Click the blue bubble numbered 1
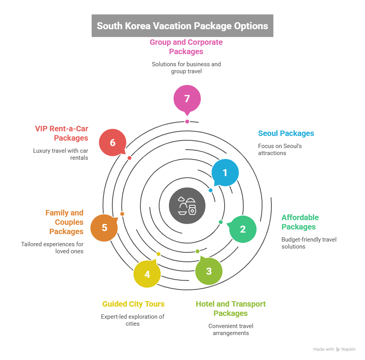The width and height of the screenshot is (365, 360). point(225,173)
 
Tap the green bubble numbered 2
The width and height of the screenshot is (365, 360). point(243,229)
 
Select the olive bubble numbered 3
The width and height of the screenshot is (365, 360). point(209,271)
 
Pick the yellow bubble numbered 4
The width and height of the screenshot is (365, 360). point(147,274)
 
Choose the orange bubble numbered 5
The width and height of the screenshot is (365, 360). point(104,228)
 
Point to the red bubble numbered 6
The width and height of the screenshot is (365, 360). point(112,143)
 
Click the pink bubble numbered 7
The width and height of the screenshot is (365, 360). point(187,98)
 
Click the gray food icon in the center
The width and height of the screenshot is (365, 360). point(187,205)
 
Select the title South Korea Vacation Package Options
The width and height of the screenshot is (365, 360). point(182,26)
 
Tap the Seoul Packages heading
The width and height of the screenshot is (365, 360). point(286,133)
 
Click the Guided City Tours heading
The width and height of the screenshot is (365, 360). point(133,304)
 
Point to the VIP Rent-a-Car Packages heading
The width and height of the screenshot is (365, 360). point(61,133)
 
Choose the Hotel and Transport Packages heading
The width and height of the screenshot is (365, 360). point(231,309)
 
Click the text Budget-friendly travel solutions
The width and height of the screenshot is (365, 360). point(309,243)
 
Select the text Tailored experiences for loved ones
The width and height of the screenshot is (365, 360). point(52,248)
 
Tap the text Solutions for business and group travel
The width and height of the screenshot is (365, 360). point(186,67)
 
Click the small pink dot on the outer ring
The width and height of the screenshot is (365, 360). point(187,122)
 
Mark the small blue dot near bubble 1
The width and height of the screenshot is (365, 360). point(211,191)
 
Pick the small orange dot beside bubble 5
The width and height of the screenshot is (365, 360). point(122,214)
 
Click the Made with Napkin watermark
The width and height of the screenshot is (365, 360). point(335,349)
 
